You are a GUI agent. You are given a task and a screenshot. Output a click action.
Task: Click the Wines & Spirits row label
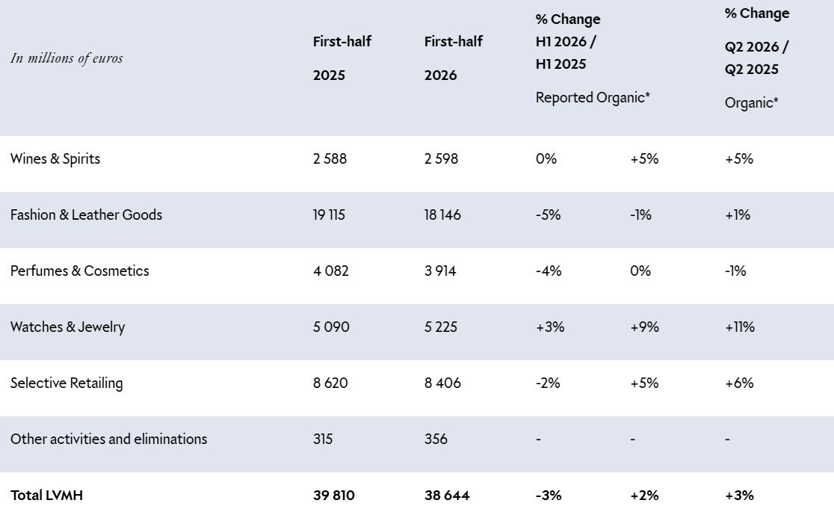[55, 158]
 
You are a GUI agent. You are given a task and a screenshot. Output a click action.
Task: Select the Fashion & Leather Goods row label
[86, 215]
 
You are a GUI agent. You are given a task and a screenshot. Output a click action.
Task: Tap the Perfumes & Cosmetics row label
[80, 271]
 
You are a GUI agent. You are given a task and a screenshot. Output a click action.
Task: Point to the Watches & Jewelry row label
[67, 327]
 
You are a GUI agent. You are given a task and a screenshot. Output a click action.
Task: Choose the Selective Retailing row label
[67, 383]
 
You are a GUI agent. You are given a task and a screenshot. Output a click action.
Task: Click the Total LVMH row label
[47, 496]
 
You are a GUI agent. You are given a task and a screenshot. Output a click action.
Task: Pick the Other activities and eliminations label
[108, 439]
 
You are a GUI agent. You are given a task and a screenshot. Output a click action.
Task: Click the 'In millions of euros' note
[67, 58]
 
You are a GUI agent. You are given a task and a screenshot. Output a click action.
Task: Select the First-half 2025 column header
[342, 58]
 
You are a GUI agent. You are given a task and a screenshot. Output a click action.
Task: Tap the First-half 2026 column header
[453, 58]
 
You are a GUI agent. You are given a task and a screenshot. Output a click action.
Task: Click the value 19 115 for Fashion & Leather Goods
[329, 215]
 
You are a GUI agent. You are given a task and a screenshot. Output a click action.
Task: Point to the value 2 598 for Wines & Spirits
[441, 158]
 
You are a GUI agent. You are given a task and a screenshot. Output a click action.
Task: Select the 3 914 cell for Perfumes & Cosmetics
[440, 271]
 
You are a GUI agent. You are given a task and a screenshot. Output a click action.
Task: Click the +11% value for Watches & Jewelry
[740, 327]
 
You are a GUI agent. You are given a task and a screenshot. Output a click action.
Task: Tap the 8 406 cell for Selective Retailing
[442, 383]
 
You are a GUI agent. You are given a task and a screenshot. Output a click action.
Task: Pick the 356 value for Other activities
[436, 439]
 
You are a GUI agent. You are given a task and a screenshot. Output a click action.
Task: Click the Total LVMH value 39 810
[333, 496]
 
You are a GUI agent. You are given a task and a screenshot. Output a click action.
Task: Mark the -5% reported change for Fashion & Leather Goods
[548, 215]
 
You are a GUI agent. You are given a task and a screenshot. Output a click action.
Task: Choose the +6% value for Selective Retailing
[739, 383]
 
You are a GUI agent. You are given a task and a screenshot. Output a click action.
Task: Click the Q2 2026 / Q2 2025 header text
[756, 58]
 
